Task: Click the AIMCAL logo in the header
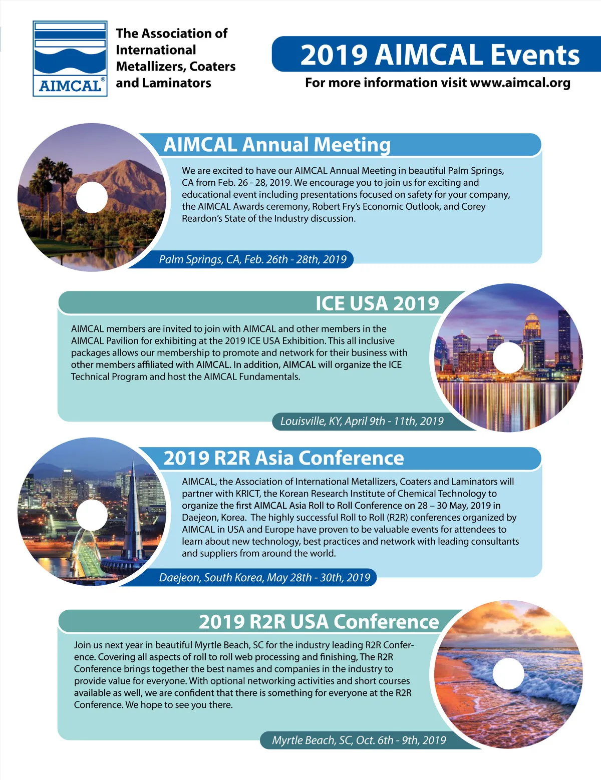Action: tap(70, 58)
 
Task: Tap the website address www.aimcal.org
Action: tap(520, 83)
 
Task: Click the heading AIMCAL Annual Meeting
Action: tap(277, 145)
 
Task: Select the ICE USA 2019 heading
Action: tap(377, 303)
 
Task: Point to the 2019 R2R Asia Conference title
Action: tap(283, 458)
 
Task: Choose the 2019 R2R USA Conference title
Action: tap(319, 622)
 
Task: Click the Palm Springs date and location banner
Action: tap(252, 259)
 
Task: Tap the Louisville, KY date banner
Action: tap(362, 421)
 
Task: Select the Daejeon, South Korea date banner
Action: tap(264, 578)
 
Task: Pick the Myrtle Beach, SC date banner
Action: tap(359, 740)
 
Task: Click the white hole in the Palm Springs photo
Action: tap(92, 197)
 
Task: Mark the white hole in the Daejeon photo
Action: tap(92, 514)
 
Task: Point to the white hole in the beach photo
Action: tap(508, 673)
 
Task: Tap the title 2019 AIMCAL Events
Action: tap(440, 55)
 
